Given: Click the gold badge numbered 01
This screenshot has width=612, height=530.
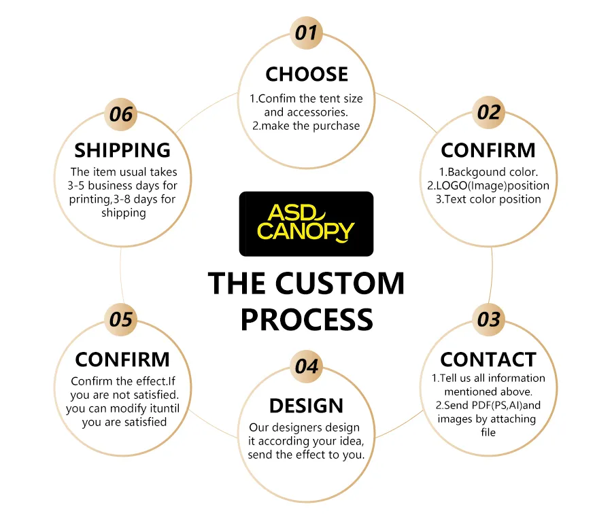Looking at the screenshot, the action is click(307, 33).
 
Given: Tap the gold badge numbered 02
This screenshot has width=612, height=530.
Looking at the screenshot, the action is click(489, 112).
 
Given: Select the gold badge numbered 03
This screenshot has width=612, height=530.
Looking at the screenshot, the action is click(489, 319).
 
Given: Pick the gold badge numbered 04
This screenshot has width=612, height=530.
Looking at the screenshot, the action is click(307, 366).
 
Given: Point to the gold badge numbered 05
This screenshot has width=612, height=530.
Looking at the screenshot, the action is click(121, 319).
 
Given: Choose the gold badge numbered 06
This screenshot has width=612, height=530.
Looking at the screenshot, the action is click(121, 114).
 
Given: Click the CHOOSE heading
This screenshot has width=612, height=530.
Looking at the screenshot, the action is click(307, 74).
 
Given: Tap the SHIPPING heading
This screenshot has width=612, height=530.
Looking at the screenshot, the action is click(122, 150).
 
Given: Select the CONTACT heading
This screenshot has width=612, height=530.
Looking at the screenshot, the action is click(488, 359).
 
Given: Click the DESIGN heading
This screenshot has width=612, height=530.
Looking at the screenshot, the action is click(307, 406).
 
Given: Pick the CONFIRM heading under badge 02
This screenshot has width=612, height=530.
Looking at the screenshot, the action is click(488, 150).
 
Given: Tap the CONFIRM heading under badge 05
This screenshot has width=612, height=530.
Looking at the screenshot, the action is click(122, 359).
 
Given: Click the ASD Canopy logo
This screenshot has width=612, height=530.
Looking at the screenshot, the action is click(307, 224).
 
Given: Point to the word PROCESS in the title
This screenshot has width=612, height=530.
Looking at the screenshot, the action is click(307, 319).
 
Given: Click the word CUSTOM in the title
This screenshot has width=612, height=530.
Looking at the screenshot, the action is click(340, 283).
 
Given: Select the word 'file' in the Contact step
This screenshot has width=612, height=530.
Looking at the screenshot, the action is click(488, 432).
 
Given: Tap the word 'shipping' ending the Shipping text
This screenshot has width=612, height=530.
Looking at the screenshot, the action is click(124, 213).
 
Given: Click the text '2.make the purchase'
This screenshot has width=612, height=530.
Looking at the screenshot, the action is click(306, 126).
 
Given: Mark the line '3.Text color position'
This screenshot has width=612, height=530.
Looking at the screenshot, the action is click(488, 199).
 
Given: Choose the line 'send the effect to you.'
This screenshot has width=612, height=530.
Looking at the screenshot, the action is click(306, 455).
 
